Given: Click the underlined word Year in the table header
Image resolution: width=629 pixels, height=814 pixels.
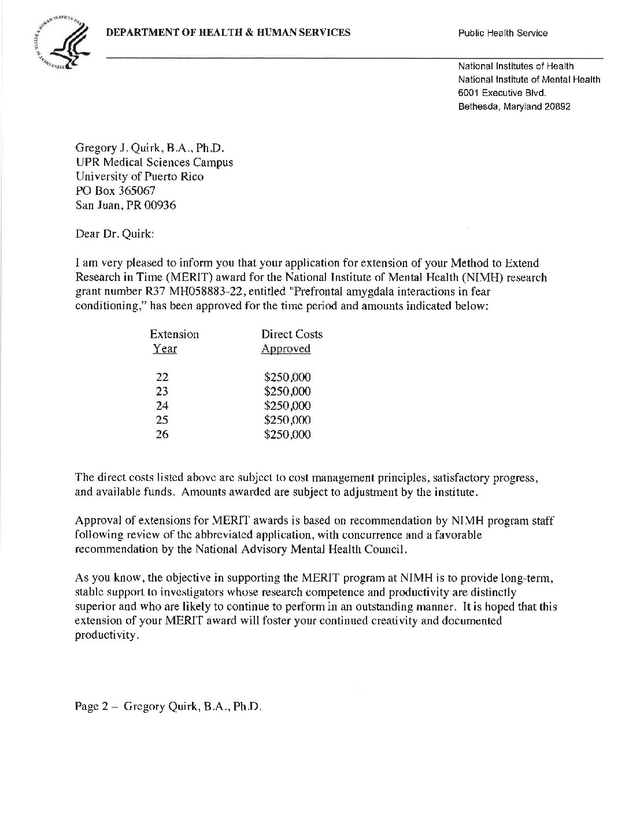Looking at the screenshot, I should click(165, 349).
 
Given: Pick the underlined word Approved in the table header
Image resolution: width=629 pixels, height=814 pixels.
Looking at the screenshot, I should click(286, 349).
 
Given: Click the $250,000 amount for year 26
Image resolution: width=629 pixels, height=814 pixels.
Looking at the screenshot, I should click(287, 434).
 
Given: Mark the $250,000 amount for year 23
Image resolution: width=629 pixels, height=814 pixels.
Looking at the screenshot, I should click(287, 392).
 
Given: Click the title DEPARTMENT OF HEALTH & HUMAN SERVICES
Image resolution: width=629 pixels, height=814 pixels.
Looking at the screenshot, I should click(228, 32).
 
